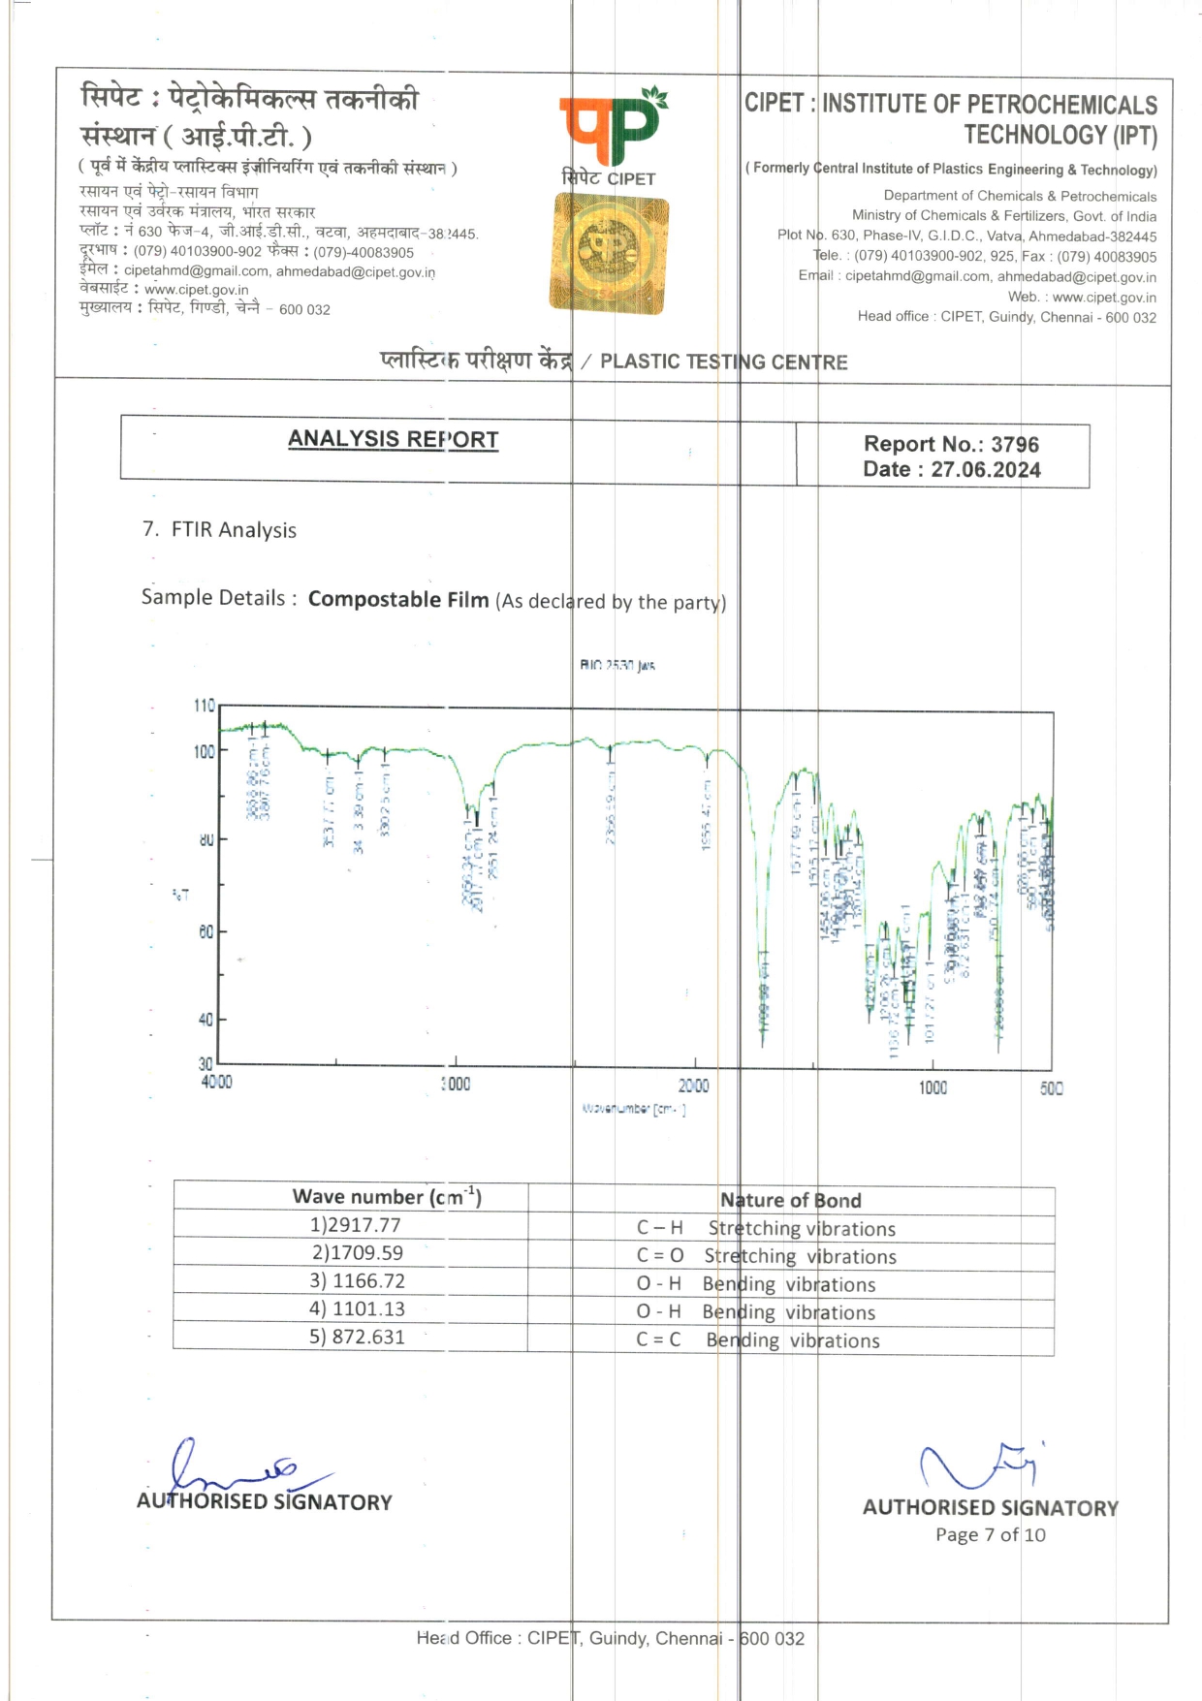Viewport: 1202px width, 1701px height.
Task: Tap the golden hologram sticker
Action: (x=609, y=253)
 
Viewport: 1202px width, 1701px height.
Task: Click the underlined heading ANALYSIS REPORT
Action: (x=393, y=439)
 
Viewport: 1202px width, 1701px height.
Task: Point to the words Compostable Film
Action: (x=398, y=600)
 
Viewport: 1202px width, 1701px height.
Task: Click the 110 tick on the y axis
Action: (x=204, y=706)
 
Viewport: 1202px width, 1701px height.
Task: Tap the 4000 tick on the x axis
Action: (x=216, y=1082)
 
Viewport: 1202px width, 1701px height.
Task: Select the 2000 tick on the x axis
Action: (x=693, y=1086)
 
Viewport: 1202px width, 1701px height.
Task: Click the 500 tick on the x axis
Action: (x=1051, y=1088)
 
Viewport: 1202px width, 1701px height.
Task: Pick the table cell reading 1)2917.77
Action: (x=355, y=1225)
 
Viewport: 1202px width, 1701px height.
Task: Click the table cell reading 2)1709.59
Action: (x=357, y=1253)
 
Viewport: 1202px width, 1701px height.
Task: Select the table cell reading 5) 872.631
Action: (x=357, y=1338)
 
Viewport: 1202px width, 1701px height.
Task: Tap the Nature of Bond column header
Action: (x=790, y=1201)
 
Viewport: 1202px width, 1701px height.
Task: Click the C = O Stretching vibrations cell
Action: (x=766, y=1256)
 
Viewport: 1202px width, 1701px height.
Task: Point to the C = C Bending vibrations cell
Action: (x=758, y=1340)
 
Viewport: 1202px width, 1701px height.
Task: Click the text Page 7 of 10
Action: (x=990, y=1534)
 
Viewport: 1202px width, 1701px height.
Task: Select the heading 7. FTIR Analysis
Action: (x=219, y=530)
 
